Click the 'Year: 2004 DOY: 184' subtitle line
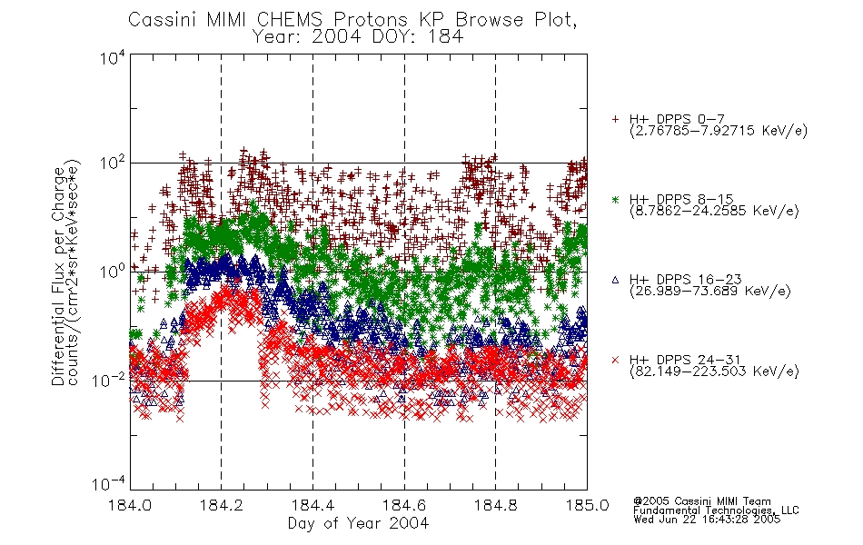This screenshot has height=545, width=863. (358, 37)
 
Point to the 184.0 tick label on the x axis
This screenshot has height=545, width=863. (130, 505)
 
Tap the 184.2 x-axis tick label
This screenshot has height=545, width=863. (222, 505)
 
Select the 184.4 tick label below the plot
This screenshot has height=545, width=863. (312, 505)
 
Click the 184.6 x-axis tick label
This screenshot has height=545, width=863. (404, 505)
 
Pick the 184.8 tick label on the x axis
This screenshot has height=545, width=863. (495, 505)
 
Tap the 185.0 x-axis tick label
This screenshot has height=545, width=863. (587, 505)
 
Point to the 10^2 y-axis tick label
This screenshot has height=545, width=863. (113, 163)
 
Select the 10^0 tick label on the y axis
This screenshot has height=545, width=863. (113, 272)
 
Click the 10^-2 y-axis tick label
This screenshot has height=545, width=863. (109, 380)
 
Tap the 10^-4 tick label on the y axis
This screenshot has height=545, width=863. (109, 483)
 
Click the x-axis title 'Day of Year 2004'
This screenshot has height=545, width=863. (358, 522)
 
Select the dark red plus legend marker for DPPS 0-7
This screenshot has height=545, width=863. (615, 119)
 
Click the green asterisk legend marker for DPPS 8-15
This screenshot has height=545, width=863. (615, 199)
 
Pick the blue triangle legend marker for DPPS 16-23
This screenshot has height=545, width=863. (615, 280)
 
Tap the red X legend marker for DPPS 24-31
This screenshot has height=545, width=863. (615, 360)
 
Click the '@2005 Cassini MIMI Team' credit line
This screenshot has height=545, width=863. (702, 501)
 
